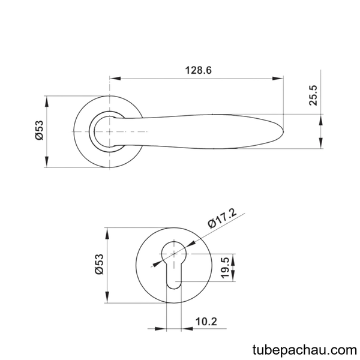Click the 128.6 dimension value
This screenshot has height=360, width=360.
[x=198, y=70]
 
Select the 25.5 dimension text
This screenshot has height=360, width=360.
[x=313, y=95]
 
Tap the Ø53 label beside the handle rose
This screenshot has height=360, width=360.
[x=39, y=130]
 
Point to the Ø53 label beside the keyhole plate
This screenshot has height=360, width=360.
[x=100, y=264]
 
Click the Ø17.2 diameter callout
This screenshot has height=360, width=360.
[x=222, y=218]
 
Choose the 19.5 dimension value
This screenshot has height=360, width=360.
[x=225, y=268]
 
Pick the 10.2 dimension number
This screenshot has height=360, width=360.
[x=206, y=322]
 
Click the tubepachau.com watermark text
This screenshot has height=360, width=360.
[x=304, y=350]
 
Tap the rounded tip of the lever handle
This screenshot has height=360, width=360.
[x=283, y=131]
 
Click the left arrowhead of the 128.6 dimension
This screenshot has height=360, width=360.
[x=115, y=78]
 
